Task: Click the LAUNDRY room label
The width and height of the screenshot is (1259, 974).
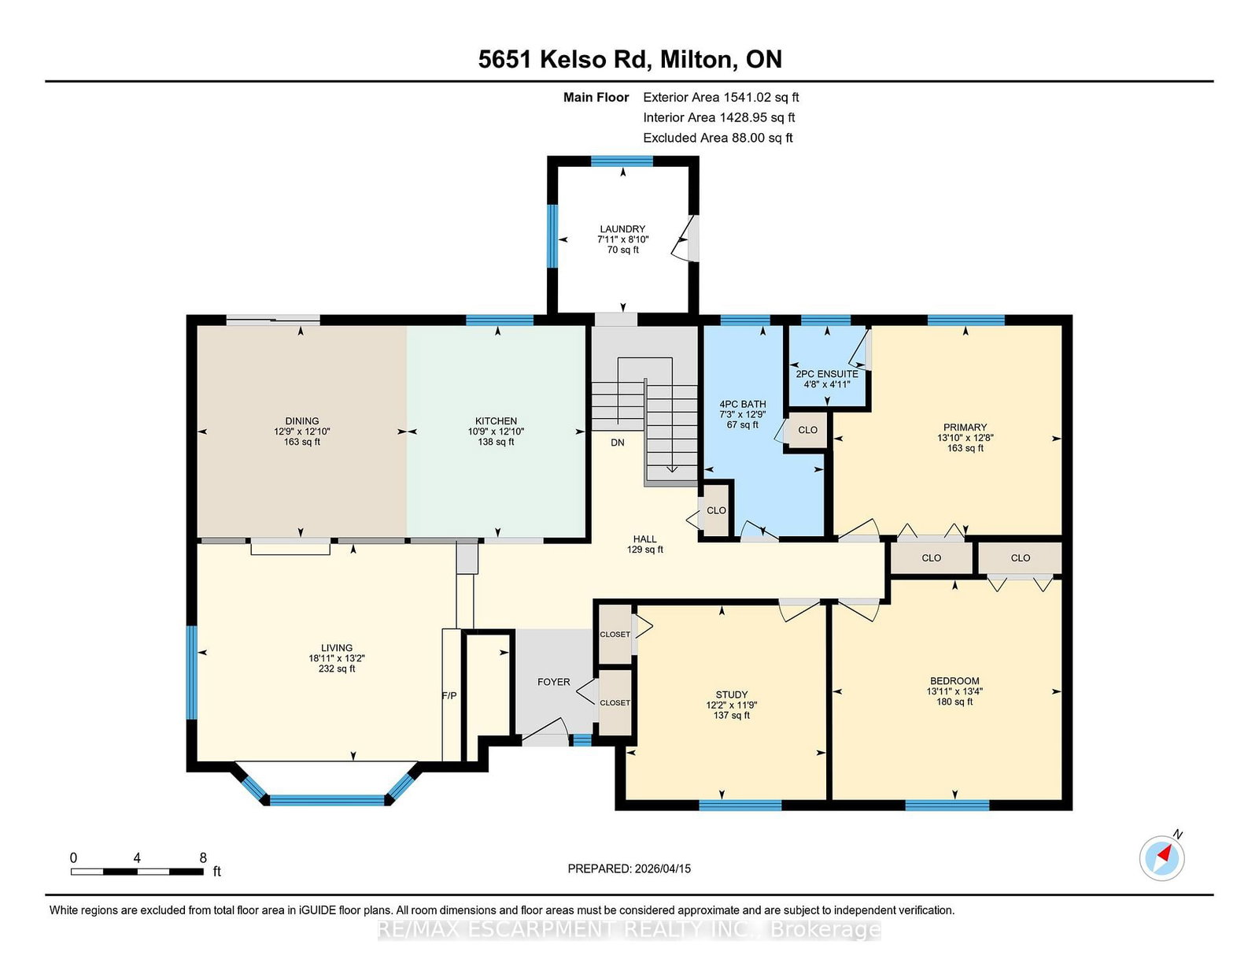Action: click(x=622, y=229)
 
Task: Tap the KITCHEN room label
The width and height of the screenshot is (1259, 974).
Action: click(x=496, y=421)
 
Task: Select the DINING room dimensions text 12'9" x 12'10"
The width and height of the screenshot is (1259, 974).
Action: click(x=302, y=431)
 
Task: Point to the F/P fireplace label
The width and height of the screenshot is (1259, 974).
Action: click(x=449, y=695)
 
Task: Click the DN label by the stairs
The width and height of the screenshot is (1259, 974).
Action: click(x=618, y=443)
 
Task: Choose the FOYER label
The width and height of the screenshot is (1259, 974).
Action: click(x=554, y=682)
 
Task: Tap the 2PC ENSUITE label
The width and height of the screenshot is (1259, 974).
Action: click(x=827, y=374)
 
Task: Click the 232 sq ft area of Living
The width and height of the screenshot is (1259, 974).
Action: click(x=337, y=668)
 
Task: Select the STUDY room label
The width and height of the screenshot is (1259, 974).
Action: click(x=732, y=694)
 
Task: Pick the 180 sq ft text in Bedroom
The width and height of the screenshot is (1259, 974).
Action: click(x=954, y=702)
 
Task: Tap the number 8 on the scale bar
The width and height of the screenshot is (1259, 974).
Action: click(x=203, y=858)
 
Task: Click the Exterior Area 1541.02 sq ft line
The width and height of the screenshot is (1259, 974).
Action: click(x=721, y=98)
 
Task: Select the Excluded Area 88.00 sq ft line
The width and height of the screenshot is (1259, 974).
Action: click(x=718, y=138)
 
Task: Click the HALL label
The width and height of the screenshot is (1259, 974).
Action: click(x=645, y=539)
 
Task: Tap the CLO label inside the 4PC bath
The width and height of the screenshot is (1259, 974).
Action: click(x=716, y=511)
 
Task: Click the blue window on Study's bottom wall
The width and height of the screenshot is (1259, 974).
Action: click(x=740, y=805)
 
